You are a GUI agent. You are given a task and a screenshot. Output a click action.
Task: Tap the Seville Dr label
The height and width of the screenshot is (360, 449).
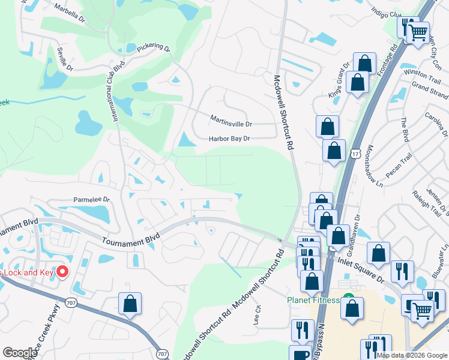(x=64, y=56)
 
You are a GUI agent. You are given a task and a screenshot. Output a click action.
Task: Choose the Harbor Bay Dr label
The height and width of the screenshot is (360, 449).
(x=229, y=139)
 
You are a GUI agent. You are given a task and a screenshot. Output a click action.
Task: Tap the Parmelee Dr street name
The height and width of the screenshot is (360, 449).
(x=92, y=199)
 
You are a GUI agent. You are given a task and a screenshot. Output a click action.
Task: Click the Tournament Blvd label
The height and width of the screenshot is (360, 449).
(x=130, y=239)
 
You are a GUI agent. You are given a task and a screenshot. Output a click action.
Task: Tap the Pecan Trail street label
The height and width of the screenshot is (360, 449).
(x=399, y=166)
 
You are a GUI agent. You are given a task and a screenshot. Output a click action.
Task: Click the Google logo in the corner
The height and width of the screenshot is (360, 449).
(x=20, y=353)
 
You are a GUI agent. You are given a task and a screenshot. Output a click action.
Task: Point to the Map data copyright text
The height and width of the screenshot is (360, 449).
(x=412, y=355)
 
